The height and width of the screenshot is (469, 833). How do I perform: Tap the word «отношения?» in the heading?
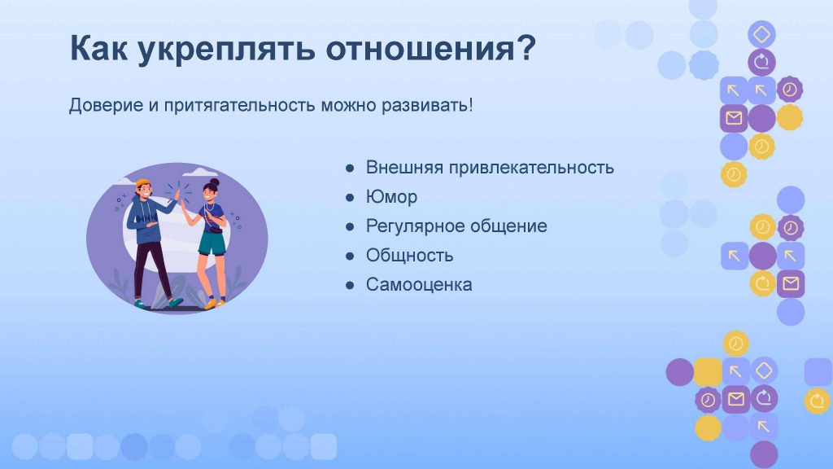tap(431, 48)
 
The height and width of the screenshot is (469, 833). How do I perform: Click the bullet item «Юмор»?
tap(391, 197)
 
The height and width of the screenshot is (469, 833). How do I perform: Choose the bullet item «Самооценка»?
tap(419, 284)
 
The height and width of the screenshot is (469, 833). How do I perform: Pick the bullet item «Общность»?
tap(410, 255)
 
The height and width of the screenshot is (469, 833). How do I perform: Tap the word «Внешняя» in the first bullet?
tap(404, 168)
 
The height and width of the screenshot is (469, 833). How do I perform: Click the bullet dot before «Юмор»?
tap(350, 198)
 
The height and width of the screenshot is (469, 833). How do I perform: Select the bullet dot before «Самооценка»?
tap(350, 286)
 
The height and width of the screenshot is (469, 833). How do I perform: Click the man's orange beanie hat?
tap(142, 183)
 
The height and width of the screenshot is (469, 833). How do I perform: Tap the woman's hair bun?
tap(214, 182)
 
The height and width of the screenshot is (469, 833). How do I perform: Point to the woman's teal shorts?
tap(212, 243)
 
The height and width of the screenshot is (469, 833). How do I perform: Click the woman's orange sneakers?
tap(214, 304)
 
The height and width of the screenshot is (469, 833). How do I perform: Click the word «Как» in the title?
tap(98, 48)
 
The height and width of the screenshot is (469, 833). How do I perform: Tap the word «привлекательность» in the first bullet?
tap(531, 168)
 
